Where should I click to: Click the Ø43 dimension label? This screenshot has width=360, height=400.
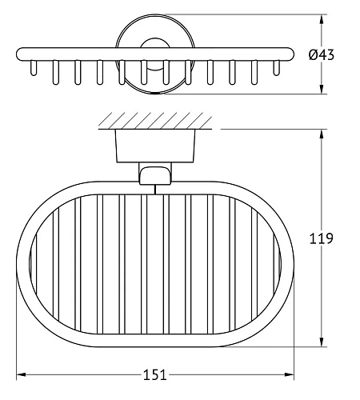coord(322,55)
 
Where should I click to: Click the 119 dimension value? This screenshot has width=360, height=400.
coord(322,238)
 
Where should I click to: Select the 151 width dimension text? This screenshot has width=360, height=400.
coord(155,374)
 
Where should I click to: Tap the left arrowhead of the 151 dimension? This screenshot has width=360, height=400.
coord(21,374)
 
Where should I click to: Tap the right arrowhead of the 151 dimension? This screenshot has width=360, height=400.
coord(289,374)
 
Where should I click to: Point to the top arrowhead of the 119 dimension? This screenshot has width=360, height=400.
coord(322,134)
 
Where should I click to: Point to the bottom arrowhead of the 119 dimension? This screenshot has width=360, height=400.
coord(322,342)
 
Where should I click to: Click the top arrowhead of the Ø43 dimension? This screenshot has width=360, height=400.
coord(322,19)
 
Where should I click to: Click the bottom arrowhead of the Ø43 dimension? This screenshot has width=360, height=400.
coord(322,89)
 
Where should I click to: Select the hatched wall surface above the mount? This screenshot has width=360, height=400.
coord(155,121)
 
